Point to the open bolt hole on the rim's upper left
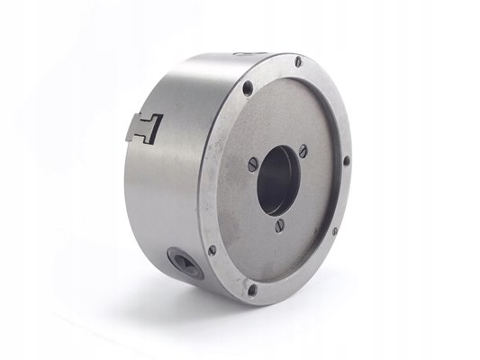(x=247, y=88)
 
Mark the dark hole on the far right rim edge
(x=347, y=162)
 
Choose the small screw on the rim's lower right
(x=334, y=230)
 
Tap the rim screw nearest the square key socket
(x=212, y=250)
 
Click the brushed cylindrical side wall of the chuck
(x=171, y=189)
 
